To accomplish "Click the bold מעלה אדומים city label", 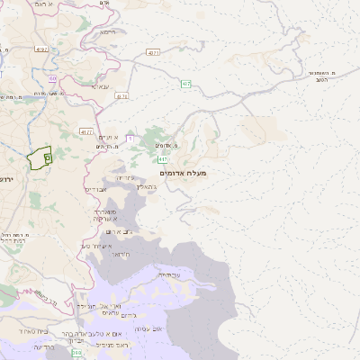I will click(x=183, y=172).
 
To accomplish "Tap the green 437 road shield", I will click(x=185, y=85).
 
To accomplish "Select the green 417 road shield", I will click(x=162, y=159).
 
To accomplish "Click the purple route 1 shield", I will click(x=129, y=138).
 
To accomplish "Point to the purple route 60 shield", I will click(x=53, y=78).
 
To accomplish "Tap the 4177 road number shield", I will click(x=87, y=131).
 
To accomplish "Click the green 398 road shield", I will click(x=76, y=353).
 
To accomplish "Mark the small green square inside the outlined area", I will click(x=47, y=158).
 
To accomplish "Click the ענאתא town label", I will click(x=101, y=86).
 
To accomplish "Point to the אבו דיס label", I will click(x=96, y=190).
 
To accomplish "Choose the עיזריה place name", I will click(x=125, y=177).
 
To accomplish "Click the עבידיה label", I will click(x=166, y=274).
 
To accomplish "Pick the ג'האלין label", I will click(x=148, y=187).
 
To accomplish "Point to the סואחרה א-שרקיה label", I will click(x=107, y=213).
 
